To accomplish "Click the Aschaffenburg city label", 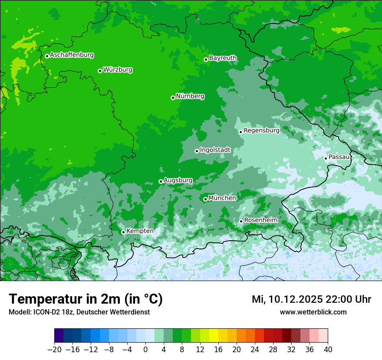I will [72, 55].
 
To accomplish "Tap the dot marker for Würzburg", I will [100, 71].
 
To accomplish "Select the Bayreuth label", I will [223, 58].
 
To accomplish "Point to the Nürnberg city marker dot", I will [173, 98].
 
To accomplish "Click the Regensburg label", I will [261, 130].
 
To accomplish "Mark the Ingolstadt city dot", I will [197, 151].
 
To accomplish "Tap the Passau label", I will [339, 157].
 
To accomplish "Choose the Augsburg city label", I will [178, 180].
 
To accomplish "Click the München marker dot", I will [205, 199].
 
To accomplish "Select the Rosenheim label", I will [260, 220].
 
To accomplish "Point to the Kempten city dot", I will [123, 232].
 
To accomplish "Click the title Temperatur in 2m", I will [86, 299].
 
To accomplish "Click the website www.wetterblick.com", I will [313, 312].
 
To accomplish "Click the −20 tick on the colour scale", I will [54, 350].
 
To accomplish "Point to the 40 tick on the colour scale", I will [328, 350].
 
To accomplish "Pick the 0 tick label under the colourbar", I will [145, 350].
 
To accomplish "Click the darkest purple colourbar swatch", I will [59, 336].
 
